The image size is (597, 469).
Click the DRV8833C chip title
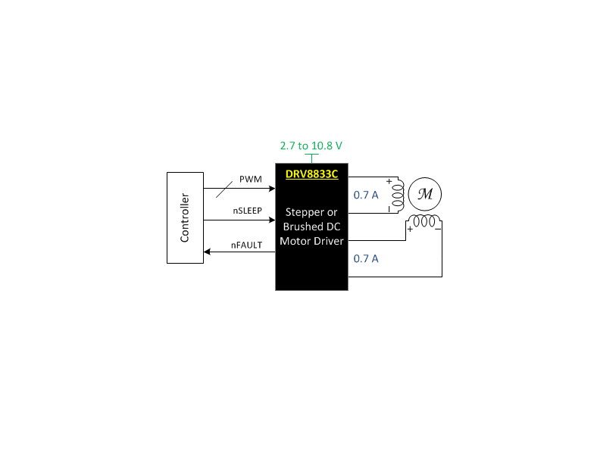(x=312, y=174)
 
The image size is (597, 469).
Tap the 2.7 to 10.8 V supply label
(x=311, y=145)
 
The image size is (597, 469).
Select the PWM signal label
(x=251, y=179)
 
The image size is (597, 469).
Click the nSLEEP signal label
(x=248, y=211)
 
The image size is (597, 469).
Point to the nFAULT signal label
(x=247, y=245)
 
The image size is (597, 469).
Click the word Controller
(x=185, y=217)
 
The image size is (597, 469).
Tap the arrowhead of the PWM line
(x=272, y=188)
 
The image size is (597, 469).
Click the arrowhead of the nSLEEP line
(x=272, y=220)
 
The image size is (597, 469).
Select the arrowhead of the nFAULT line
(x=207, y=252)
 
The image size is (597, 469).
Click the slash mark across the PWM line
(x=224, y=189)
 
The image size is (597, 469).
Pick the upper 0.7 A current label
(x=366, y=195)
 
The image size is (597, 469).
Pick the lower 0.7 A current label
(x=366, y=258)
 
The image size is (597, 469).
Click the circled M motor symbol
(x=425, y=194)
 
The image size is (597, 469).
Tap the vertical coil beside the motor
(x=399, y=195)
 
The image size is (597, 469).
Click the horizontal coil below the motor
(x=424, y=220)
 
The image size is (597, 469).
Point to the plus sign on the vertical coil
(x=389, y=182)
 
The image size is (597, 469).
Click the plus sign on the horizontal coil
(x=410, y=229)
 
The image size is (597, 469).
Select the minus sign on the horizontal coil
(x=438, y=229)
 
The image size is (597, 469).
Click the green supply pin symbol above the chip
(x=312, y=158)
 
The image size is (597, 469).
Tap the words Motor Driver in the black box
(x=311, y=241)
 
